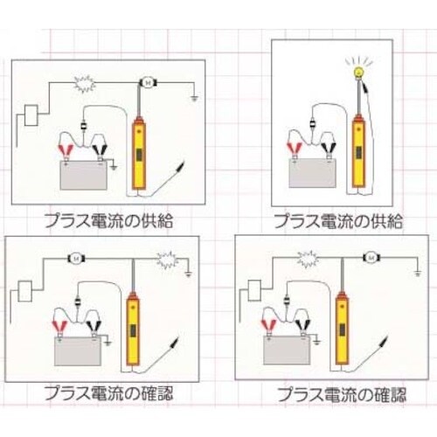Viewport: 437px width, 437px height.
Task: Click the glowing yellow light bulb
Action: [357, 73]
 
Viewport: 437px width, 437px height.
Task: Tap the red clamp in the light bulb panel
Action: [295, 148]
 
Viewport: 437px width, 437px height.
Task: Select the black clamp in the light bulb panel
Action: [329, 148]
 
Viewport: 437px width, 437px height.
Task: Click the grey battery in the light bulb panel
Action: [313, 173]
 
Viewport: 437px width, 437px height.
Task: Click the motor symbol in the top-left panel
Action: [148, 83]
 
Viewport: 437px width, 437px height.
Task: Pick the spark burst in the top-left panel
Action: [85, 84]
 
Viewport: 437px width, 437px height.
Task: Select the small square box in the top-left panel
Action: [31, 115]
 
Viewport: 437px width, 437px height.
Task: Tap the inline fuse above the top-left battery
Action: [84, 127]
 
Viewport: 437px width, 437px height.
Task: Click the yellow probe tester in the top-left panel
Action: [139, 153]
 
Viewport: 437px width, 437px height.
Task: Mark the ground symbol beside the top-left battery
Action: [114, 167]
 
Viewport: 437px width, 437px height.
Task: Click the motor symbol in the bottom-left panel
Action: [77, 258]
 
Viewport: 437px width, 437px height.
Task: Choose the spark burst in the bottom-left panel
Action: [168, 260]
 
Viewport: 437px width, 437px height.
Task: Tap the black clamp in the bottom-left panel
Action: [93, 326]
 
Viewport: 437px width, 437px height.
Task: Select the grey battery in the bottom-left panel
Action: [78, 351]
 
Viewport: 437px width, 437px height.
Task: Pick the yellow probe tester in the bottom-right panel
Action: [342, 328]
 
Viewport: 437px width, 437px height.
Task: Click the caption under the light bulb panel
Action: [338, 221]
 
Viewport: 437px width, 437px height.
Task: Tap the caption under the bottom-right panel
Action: [342, 394]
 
